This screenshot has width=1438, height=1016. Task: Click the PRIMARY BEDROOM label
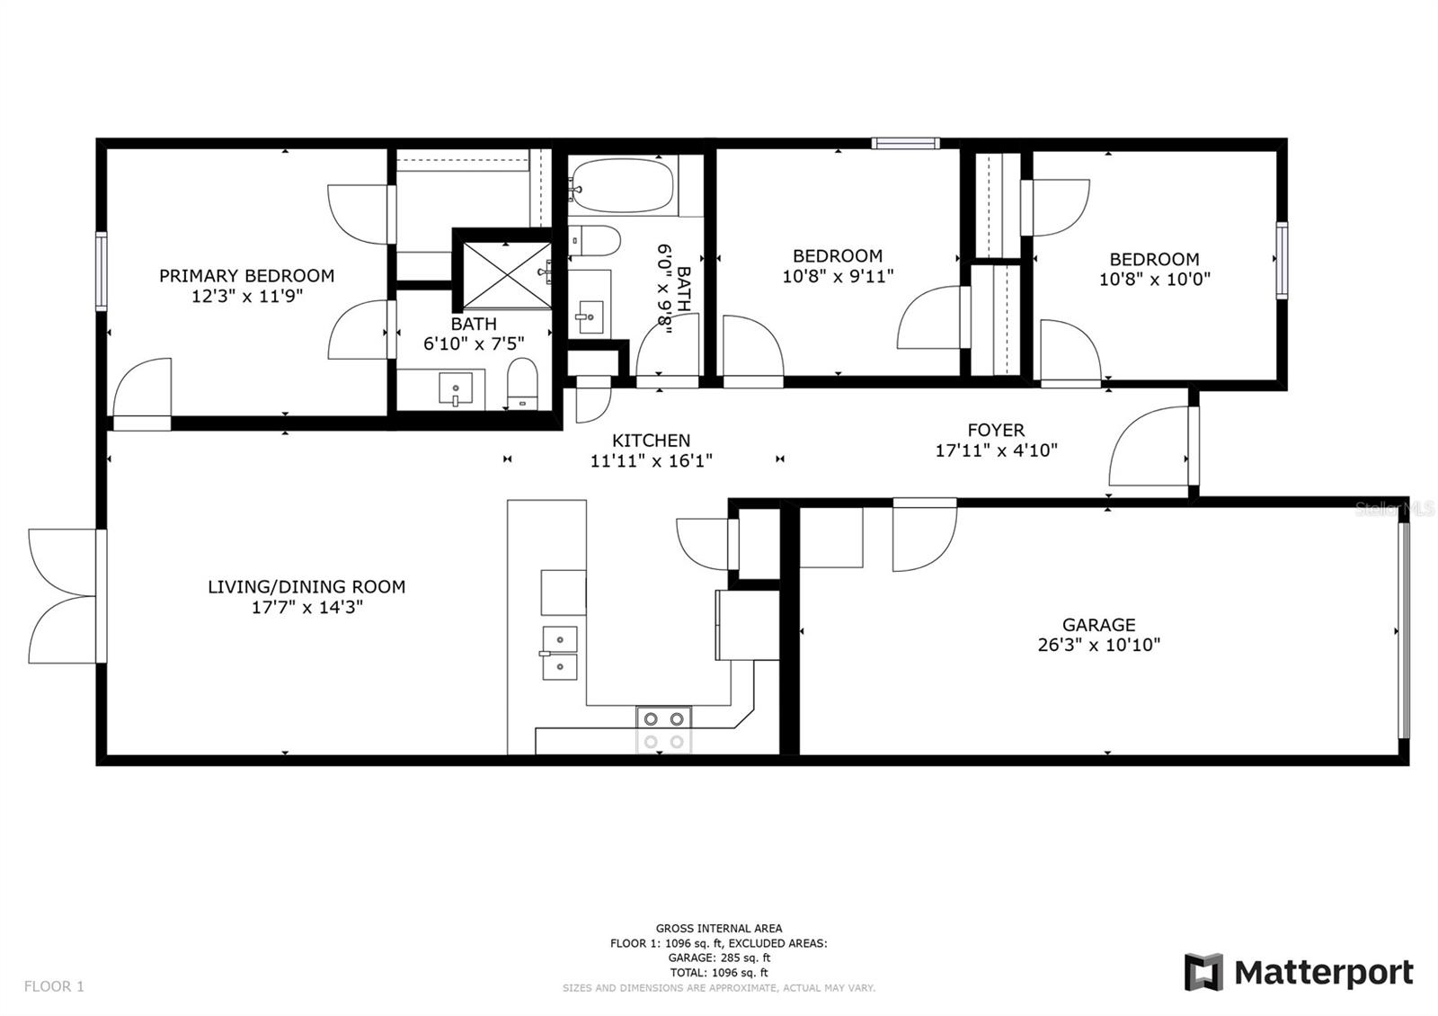[x=246, y=276]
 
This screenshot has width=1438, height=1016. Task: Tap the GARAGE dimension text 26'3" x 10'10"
[x=1098, y=645]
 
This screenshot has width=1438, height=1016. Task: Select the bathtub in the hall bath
[x=621, y=186]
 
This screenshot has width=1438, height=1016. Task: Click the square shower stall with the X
[x=503, y=272]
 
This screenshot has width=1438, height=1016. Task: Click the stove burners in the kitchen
[x=663, y=729]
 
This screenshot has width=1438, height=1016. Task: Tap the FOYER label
[x=996, y=430]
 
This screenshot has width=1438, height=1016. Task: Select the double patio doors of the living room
[x=63, y=596]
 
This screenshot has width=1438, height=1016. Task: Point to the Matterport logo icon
[x=1203, y=972]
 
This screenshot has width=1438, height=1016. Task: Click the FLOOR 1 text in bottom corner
[x=54, y=986]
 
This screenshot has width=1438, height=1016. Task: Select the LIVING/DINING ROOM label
[x=306, y=586]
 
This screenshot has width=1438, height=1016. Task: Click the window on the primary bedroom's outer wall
[x=102, y=272]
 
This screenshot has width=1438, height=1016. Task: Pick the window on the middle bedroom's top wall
[x=905, y=143]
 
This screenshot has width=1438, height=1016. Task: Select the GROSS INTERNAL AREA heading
[x=718, y=928]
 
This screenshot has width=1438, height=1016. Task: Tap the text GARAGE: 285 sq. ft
[x=718, y=958]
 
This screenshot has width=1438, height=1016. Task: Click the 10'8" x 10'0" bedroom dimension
[x=1154, y=280]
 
